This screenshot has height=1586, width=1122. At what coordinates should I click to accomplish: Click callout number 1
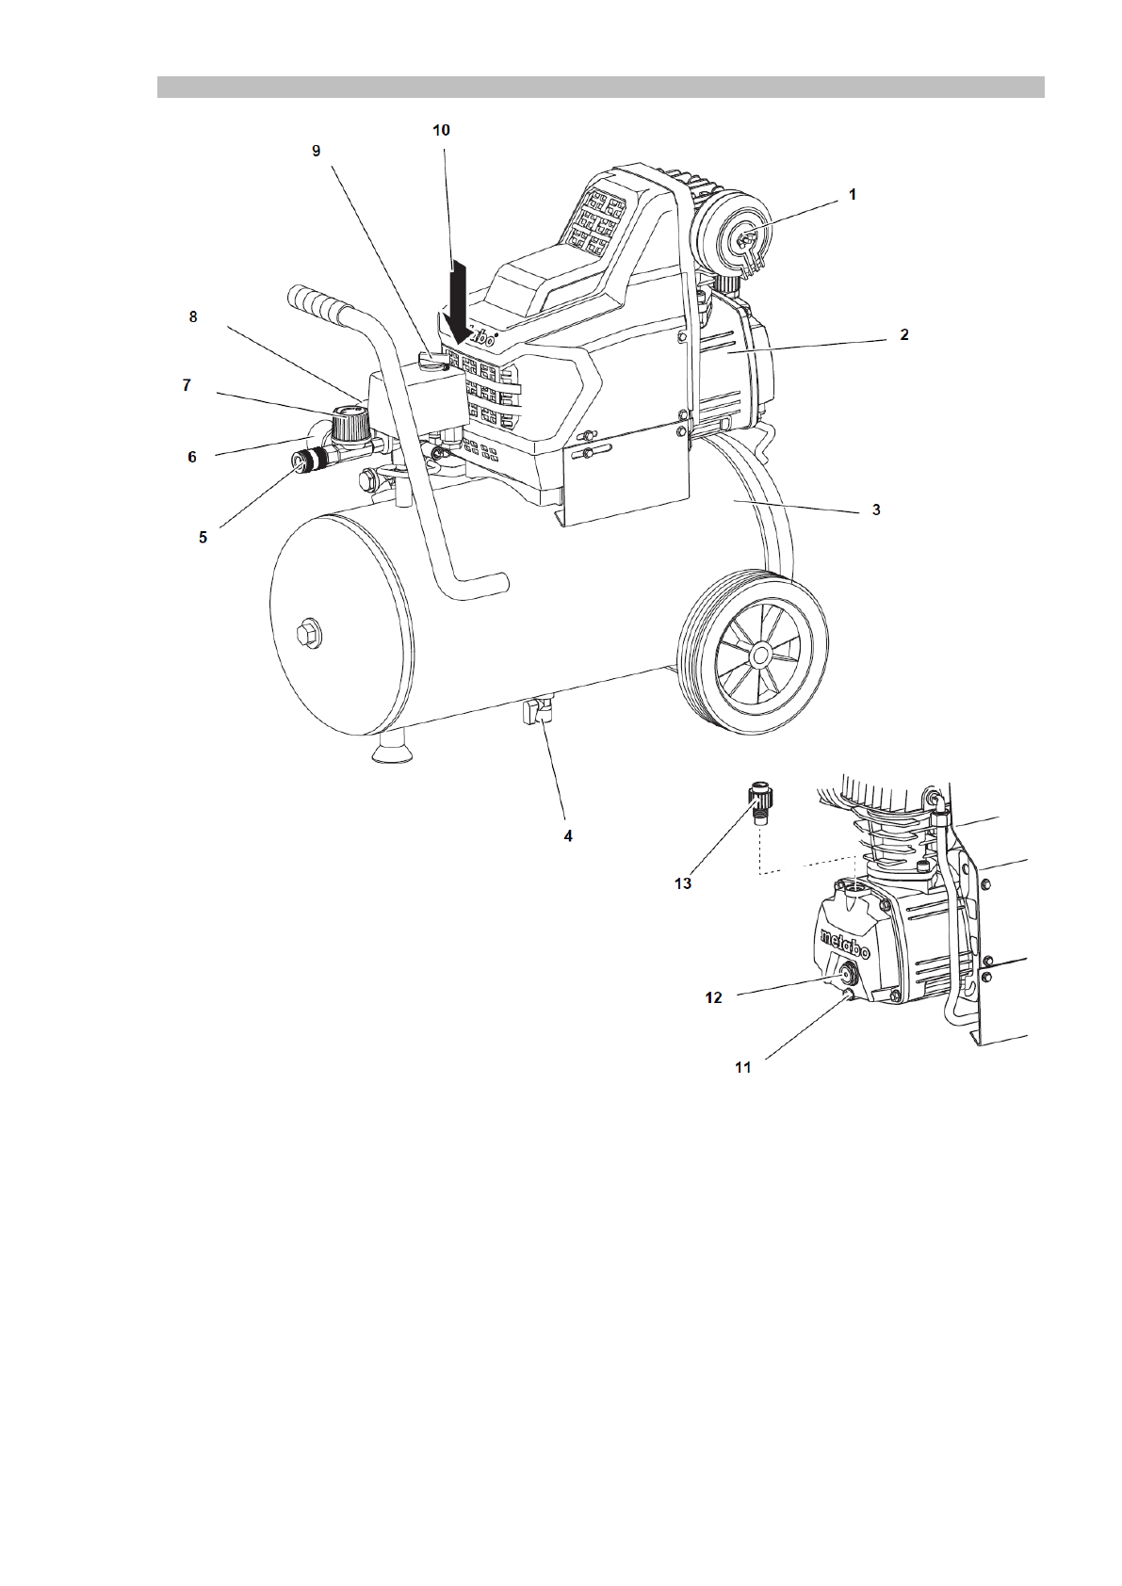[852, 195]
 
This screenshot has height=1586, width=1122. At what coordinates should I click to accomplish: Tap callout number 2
[903, 334]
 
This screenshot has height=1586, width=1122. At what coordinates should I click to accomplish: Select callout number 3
[875, 510]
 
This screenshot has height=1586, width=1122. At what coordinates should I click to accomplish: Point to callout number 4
[568, 835]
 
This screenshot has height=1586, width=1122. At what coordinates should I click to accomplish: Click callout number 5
[203, 538]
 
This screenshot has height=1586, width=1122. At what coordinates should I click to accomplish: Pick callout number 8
[193, 316]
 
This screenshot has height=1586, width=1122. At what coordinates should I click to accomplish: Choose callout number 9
[317, 151]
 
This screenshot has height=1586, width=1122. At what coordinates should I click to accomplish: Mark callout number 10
[441, 131]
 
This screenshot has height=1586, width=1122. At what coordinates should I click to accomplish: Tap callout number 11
[743, 1067]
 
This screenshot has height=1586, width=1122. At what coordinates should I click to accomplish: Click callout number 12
[714, 996]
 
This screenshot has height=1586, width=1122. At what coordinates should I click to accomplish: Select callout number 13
[683, 882]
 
